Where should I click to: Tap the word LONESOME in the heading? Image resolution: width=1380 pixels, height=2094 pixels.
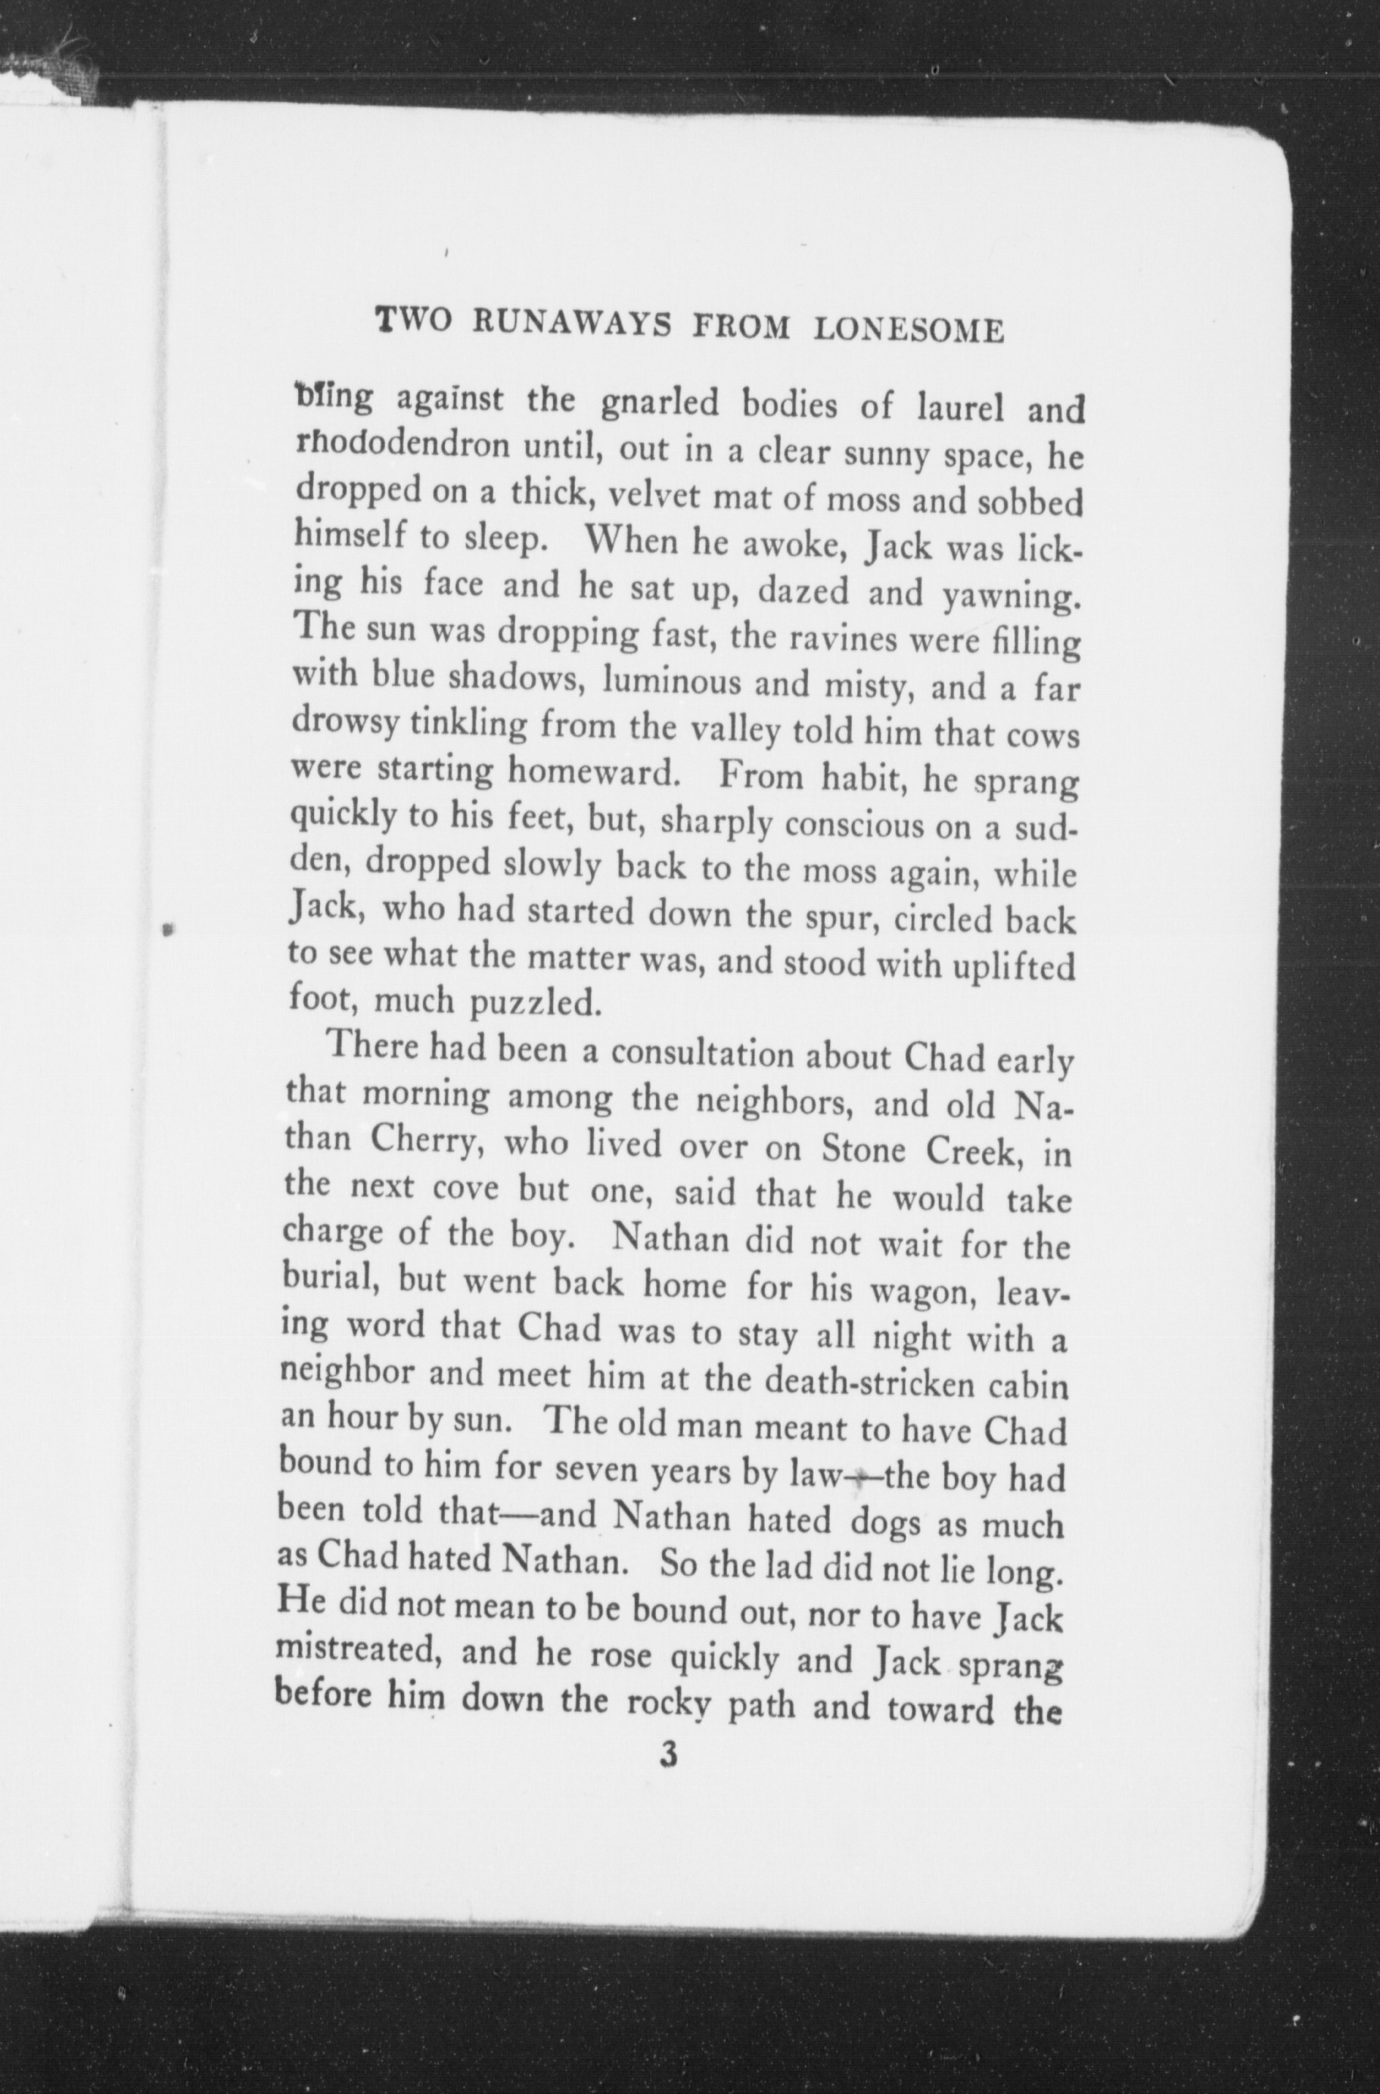(910, 329)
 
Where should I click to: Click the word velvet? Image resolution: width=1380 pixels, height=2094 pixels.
(632, 495)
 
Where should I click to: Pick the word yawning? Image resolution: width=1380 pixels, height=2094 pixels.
(1010, 597)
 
